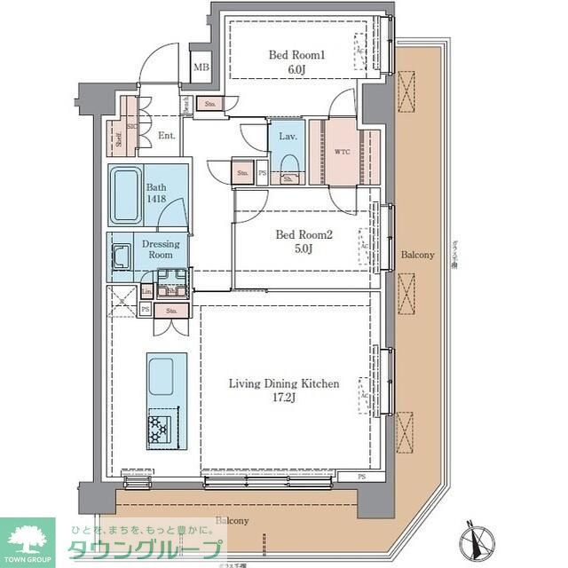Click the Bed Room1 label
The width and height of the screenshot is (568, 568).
(297, 55)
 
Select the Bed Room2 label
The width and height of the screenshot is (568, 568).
(303, 234)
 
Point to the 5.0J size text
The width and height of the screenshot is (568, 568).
(303, 248)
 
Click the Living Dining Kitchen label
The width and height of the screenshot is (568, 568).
(284, 384)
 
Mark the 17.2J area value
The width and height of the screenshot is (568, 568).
(284, 398)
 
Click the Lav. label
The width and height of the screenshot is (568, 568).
(287, 137)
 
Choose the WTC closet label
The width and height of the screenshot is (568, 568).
(342, 153)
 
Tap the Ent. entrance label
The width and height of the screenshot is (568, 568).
(166, 136)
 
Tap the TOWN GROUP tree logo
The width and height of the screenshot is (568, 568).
(28, 537)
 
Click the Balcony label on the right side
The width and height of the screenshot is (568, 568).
(417, 255)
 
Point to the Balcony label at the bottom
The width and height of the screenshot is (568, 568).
(233, 521)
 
